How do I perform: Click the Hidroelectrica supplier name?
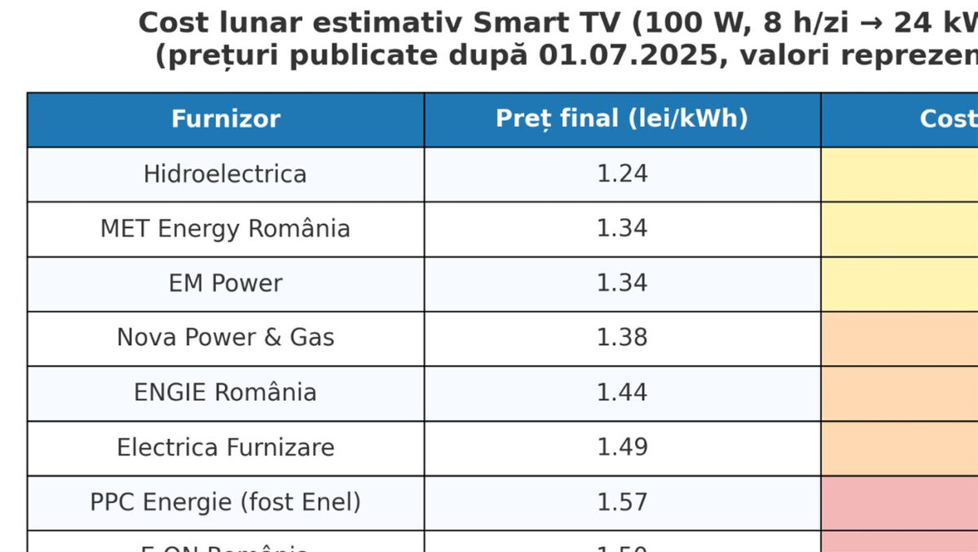tap(225, 174)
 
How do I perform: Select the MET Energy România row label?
tap(225, 229)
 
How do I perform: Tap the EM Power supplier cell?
tap(225, 283)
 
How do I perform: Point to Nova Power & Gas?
tap(225, 337)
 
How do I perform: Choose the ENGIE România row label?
tap(225, 392)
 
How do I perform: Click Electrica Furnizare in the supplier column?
tap(225, 447)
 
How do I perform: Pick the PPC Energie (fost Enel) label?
tap(225, 502)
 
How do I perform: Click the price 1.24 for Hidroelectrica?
tap(622, 174)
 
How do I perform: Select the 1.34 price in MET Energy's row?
tap(622, 229)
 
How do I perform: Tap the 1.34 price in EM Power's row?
tap(622, 283)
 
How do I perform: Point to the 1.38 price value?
tap(622, 337)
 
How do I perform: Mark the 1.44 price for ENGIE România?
tap(622, 392)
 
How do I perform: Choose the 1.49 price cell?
tap(622, 447)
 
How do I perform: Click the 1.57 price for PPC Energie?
tap(622, 502)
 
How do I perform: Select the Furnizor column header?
tap(225, 119)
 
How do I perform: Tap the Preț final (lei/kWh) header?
tap(622, 119)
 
